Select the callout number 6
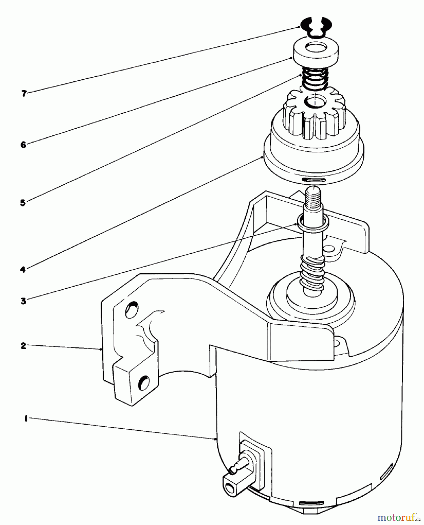23,144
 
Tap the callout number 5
23,203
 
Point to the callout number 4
23,269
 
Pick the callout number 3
23,300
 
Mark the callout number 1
26,419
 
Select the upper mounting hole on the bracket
131,311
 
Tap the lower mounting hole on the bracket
144,382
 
